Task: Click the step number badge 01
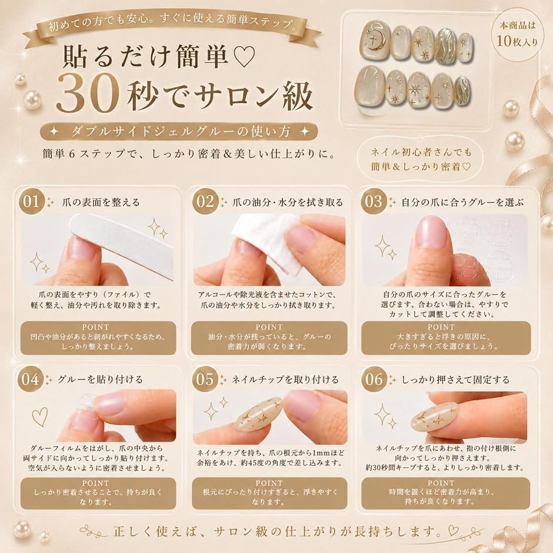click(x=31, y=202)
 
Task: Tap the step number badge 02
click(x=205, y=202)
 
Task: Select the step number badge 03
click(x=374, y=202)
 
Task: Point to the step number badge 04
click(x=31, y=379)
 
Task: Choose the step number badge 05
click(x=205, y=379)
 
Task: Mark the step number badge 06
click(x=374, y=379)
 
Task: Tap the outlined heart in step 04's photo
click(x=39, y=417)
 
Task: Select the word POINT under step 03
click(x=441, y=327)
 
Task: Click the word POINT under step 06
click(x=441, y=483)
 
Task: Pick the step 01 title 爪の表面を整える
click(x=101, y=202)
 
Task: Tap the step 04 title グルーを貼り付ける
click(x=100, y=379)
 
